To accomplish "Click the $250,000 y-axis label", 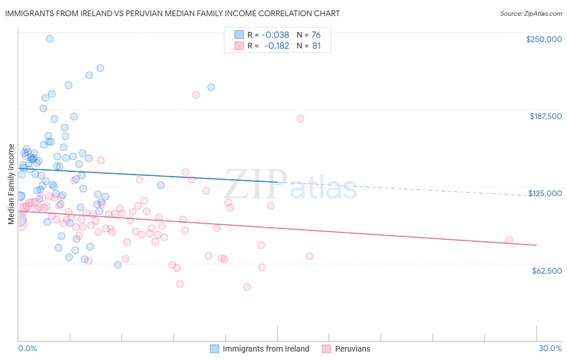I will pos(544,39).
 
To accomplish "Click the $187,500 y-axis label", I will pos(545,116).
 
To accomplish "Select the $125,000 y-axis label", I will pos(545,193).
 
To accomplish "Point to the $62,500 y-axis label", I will pos(547,271).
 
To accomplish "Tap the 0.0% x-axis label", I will pos(27,348).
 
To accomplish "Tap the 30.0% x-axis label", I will pos(550,348).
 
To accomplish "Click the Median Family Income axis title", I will pos(11,184).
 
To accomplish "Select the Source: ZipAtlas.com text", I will pos(531,13).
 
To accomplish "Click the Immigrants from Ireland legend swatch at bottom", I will pos(215,349).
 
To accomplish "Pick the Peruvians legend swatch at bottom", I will pos(327,349).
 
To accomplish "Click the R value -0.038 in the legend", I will pos(275,35).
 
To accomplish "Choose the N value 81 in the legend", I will pos(317,46).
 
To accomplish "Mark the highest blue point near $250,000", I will pos(50,39).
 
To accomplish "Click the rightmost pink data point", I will pos(509,240).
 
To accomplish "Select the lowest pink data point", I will pos(247,287).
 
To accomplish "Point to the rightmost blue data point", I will pos(211,87).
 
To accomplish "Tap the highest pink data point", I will pos(196,95).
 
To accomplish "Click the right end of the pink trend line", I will pos(536,245).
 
